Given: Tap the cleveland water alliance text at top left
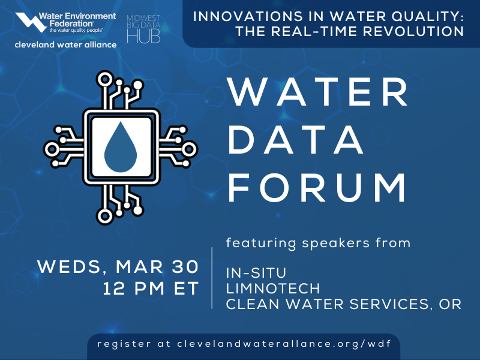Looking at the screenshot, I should pyautogui.click(x=66, y=45).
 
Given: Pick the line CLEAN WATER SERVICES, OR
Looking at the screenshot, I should pyautogui.click(x=343, y=304).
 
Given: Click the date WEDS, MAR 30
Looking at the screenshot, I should pyautogui.click(x=118, y=267).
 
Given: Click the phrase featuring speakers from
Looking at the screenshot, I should pyautogui.click(x=318, y=243).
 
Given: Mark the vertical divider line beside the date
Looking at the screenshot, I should pyautogui.click(x=213, y=277).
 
